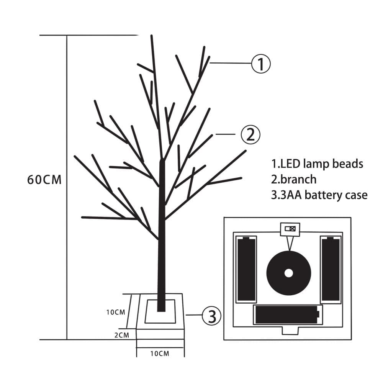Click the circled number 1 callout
(261, 64)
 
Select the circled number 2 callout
(250, 134)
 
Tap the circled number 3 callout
(211, 316)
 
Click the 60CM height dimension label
(44, 180)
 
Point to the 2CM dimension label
(121, 335)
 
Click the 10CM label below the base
(160, 354)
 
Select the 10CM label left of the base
(116, 312)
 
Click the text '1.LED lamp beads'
(317, 164)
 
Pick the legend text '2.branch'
(294, 179)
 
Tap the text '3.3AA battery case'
(319, 195)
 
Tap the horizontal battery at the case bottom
(287, 314)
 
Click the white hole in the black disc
(288, 273)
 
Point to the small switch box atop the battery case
(290, 229)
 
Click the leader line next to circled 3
(194, 315)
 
